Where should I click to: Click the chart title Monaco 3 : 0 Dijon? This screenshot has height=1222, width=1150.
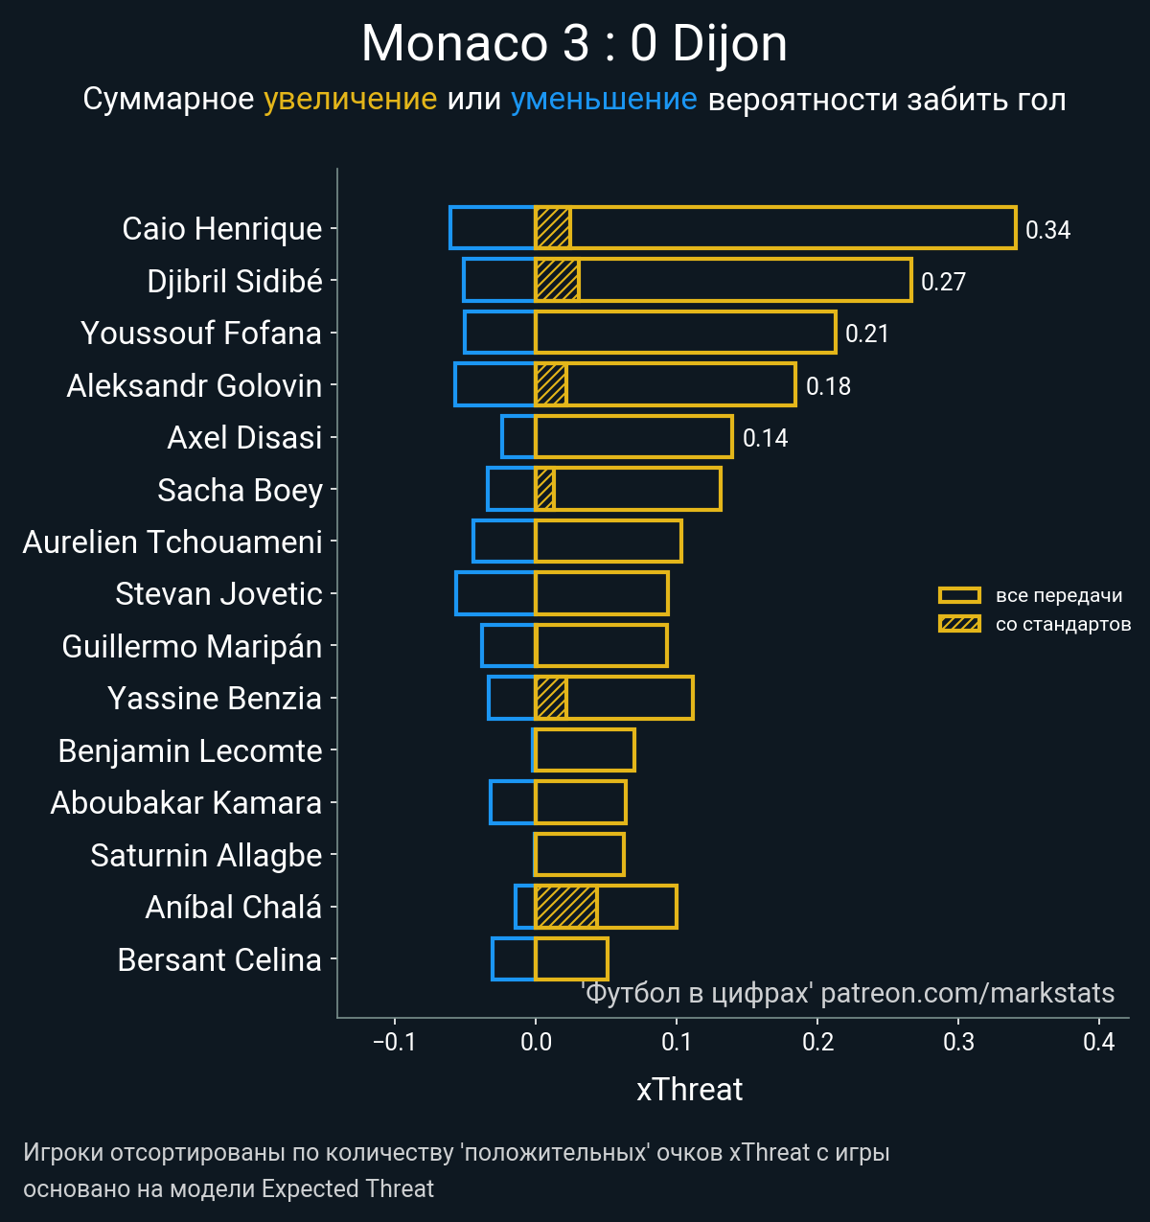point(574,44)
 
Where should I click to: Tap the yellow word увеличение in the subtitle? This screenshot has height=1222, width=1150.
point(350,100)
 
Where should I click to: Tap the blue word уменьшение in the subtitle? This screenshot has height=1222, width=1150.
point(604,100)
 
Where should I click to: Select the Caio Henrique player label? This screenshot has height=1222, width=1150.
point(222,229)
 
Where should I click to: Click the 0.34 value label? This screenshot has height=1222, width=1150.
point(1047,230)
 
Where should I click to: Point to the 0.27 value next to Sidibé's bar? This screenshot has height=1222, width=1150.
point(943,282)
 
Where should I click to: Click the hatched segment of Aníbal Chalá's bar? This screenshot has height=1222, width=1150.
point(566,907)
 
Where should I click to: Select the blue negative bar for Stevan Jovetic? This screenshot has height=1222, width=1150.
point(495,593)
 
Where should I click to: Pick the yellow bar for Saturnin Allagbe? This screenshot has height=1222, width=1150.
point(580,855)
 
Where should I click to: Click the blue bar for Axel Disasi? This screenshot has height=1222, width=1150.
point(518,437)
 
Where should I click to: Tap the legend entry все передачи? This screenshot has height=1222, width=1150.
point(1058,595)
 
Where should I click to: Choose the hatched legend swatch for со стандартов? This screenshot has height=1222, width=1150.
point(959,624)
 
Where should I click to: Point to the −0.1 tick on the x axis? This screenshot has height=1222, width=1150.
point(394,1043)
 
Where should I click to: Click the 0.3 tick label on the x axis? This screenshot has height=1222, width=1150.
point(958,1043)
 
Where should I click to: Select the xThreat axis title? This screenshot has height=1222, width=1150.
point(689,1090)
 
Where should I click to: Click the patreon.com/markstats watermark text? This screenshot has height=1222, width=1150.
point(968,993)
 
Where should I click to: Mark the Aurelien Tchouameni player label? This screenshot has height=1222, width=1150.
point(172,542)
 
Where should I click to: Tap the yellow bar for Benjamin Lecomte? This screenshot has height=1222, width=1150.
point(585,750)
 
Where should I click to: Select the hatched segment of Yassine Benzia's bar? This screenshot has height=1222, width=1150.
point(551,698)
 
